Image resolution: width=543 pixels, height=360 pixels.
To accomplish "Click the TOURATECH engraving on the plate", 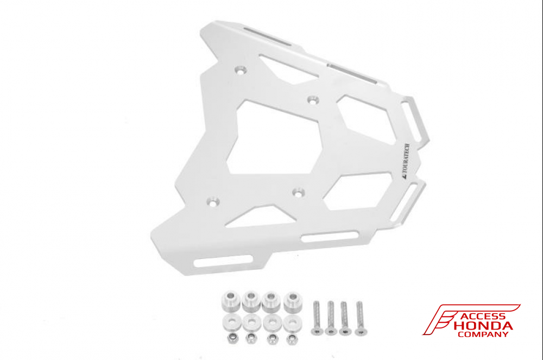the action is click(405, 161).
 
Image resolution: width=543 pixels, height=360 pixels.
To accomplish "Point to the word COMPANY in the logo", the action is click(483, 334).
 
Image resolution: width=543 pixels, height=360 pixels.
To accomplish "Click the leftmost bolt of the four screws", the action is click(317, 318).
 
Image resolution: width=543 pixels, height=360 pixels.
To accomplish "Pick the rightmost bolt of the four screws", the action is click(360, 318).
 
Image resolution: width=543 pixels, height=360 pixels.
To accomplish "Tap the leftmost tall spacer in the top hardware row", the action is click(230, 301).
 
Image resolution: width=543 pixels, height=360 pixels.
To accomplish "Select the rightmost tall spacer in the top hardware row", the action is click(293, 301).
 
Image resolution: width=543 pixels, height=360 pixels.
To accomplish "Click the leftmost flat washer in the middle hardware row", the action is click(231, 323).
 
